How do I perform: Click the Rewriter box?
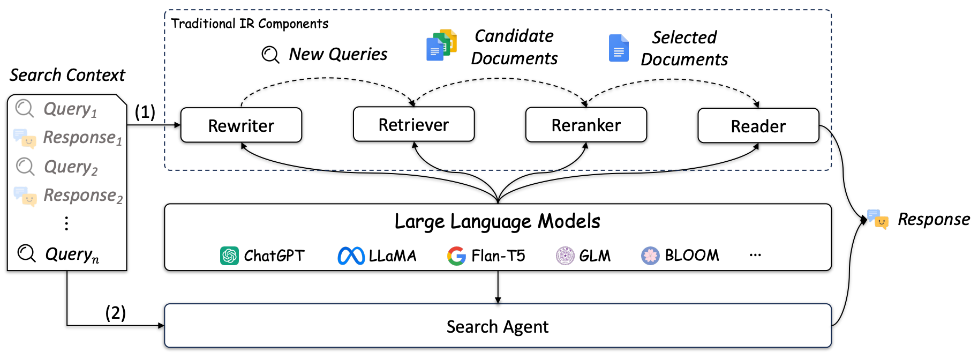[x=241, y=125]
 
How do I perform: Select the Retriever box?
[x=413, y=124]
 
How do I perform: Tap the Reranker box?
[x=586, y=125]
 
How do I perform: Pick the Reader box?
[x=758, y=126]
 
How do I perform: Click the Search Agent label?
[x=498, y=326]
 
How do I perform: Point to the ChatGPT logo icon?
[x=229, y=256]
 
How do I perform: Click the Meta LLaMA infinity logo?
[x=351, y=256]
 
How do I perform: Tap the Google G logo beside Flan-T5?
[x=456, y=256]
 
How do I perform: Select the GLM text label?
[x=595, y=256]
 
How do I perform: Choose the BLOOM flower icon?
[x=650, y=256]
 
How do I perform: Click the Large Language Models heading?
[x=498, y=221]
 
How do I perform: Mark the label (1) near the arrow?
[x=145, y=111]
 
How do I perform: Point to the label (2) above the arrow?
[x=115, y=312]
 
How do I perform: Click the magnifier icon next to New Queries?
[x=270, y=54]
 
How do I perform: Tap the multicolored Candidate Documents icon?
[x=441, y=45]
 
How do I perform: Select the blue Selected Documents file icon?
[x=619, y=48]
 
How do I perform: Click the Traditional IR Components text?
[x=250, y=24]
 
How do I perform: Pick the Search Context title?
[x=67, y=75]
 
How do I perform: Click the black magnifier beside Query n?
[x=26, y=253]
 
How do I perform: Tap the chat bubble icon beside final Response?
[x=877, y=219]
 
